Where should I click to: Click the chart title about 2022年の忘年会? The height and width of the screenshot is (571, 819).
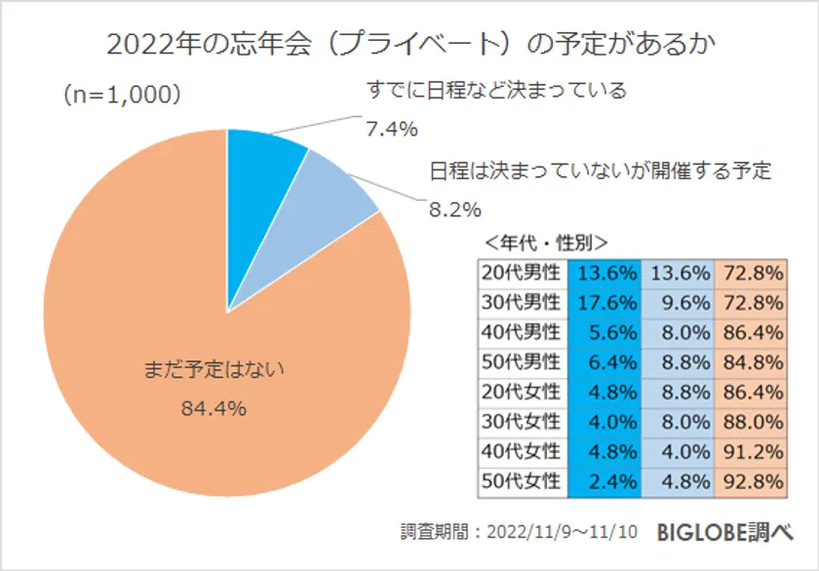click(x=409, y=44)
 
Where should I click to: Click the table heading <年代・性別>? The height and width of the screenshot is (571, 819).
click(x=547, y=242)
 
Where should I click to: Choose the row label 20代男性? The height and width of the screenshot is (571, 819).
click(x=522, y=271)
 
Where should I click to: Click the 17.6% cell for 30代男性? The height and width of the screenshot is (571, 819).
click(x=608, y=301)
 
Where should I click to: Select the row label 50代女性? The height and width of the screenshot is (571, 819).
click(x=522, y=481)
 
